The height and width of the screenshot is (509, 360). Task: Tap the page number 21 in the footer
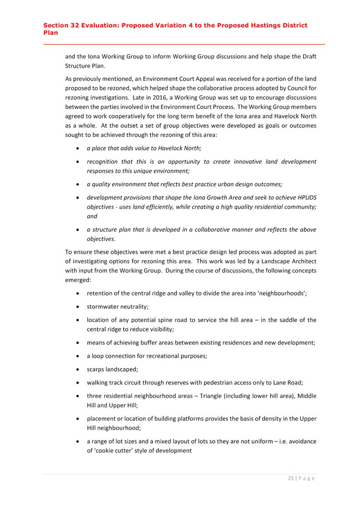[291, 478]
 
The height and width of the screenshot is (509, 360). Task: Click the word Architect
[298, 261]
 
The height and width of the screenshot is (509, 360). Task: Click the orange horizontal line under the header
[184, 45]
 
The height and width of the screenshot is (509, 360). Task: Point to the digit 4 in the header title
[187, 25]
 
